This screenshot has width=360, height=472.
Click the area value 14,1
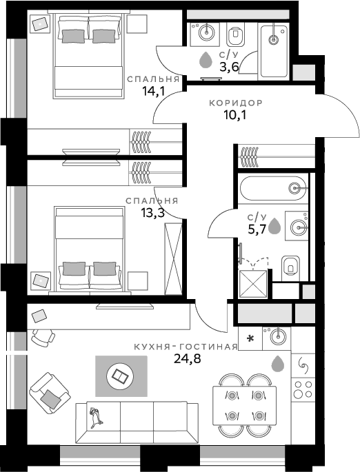pyautogui.click(x=153, y=90)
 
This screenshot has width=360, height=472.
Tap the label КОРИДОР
pyautogui.click(x=236, y=103)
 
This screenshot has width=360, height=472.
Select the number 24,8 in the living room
pyautogui.click(x=188, y=358)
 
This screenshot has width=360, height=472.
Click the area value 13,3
pyautogui.click(x=152, y=213)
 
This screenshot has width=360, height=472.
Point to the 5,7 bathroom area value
pyautogui.click(x=257, y=229)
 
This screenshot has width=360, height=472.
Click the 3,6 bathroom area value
pyautogui.click(x=229, y=67)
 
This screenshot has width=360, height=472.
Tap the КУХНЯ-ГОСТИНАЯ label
pyautogui.click(x=186, y=347)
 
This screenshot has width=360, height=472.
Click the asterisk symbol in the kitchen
pyautogui.click(x=250, y=339)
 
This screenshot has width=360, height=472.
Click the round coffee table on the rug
pyautogui.click(x=120, y=376)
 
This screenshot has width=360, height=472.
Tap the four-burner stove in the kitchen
pyautogui.click(x=303, y=389)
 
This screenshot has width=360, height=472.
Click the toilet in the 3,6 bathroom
pyautogui.click(x=235, y=36)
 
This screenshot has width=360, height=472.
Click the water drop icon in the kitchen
pyautogui.click(x=278, y=364)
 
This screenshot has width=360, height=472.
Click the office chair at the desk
pyautogui.click(x=43, y=338)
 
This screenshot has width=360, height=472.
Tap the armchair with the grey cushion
pyautogui.click(x=50, y=393)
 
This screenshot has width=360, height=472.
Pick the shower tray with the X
pyautogui.click(x=252, y=284)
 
